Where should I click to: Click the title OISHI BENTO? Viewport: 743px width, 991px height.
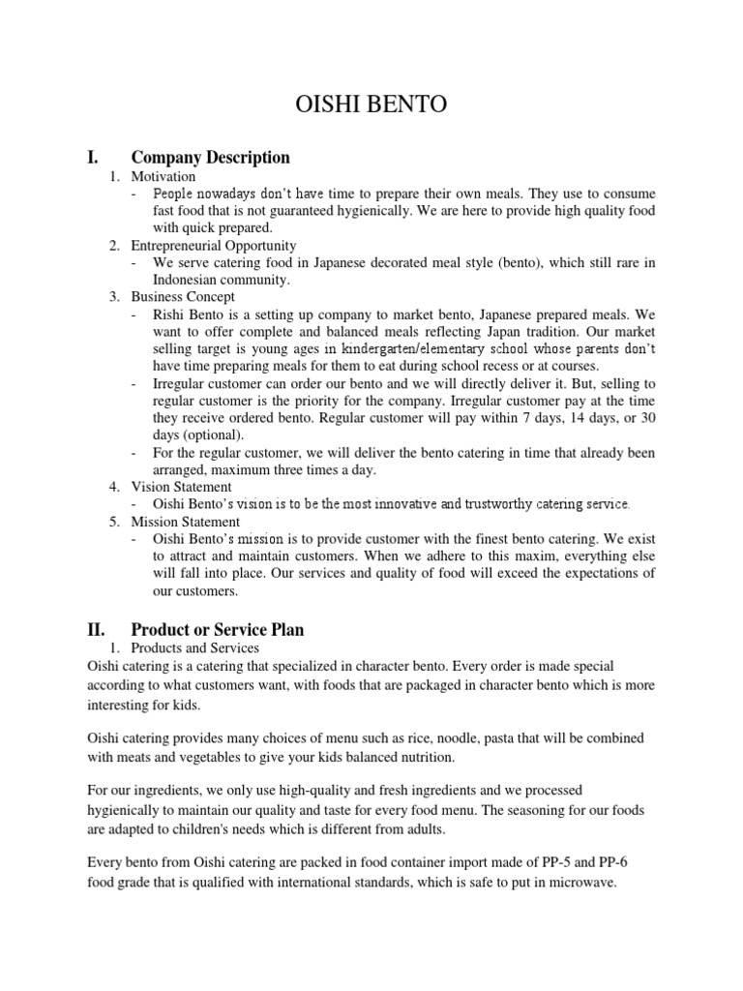pos(371,105)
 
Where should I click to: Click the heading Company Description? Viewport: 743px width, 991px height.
pos(210,157)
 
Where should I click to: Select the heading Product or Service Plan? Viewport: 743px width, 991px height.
pos(218,630)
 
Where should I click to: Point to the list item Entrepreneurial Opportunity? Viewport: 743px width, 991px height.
pos(214,246)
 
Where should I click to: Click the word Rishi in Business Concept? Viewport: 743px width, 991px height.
pos(170,315)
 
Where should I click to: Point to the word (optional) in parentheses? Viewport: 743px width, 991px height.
pos(204,435)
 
